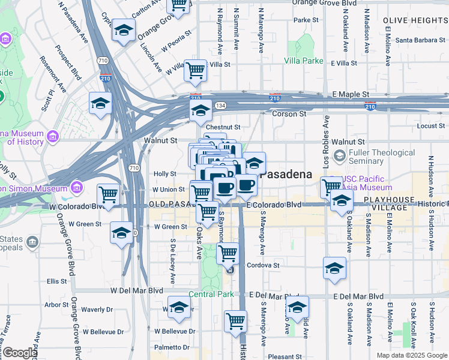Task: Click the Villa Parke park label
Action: tap(304, 61)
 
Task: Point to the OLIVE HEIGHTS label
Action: tap(414, 20)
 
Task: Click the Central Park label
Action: tap(210, 294)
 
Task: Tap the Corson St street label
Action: tap(289, 113)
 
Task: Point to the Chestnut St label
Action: tap(223, 127)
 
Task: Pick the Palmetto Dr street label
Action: tap(171, 347)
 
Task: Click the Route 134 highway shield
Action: tap(220, 105)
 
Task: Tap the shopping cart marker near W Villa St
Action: tap(195, 70)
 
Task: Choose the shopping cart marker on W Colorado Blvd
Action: tap(108, 194)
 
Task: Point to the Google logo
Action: tap(20, 352)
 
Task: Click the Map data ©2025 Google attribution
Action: tap(412, 355)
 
